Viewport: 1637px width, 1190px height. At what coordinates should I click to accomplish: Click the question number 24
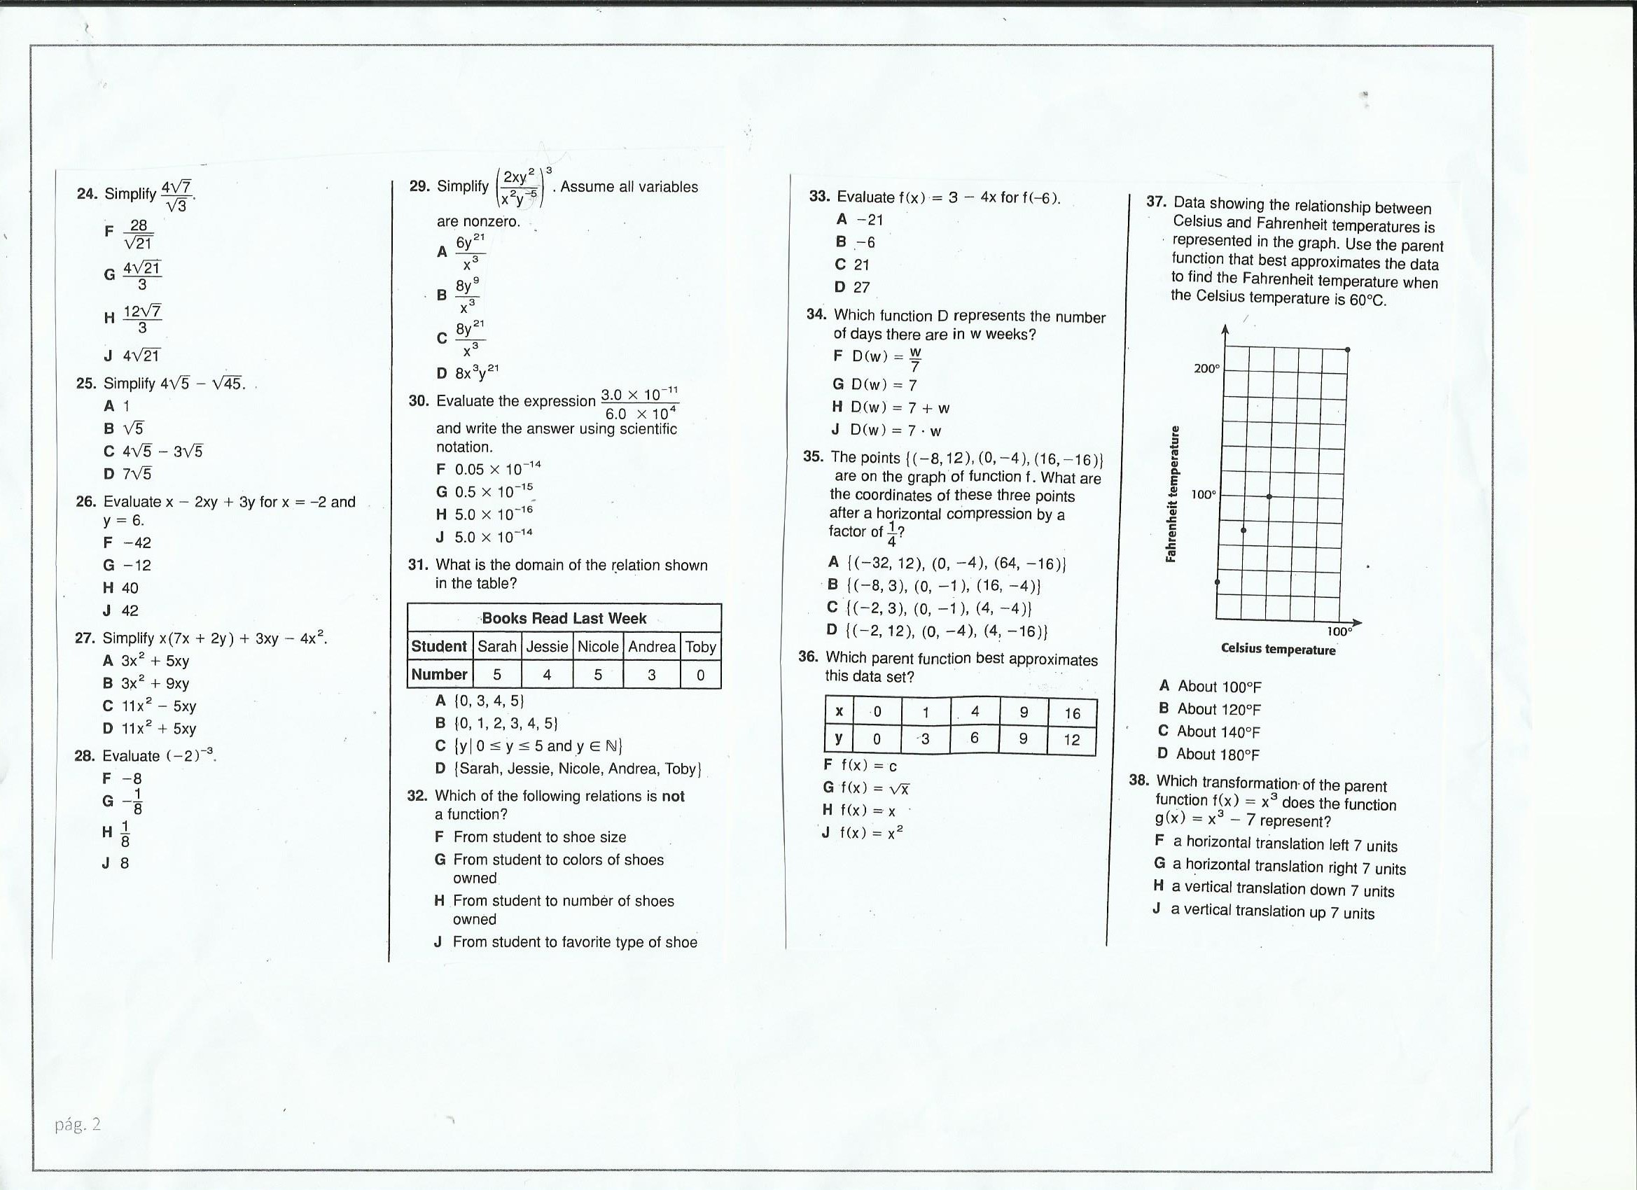87,194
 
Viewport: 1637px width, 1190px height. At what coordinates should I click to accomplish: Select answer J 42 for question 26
120,610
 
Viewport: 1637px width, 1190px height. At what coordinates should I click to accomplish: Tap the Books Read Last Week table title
564,619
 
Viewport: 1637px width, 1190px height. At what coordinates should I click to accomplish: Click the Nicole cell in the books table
598,647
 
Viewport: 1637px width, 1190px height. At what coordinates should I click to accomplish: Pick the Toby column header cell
700,647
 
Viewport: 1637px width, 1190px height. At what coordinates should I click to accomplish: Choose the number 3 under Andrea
651,675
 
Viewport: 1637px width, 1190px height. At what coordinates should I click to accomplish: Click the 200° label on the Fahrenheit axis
1206,369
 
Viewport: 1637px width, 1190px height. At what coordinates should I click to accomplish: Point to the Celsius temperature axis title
1278,650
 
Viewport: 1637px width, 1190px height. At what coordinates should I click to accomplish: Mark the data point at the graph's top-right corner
1348,350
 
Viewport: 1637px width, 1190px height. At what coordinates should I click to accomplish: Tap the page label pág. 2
78,1124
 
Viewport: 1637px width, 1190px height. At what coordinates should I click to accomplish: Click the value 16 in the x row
1072,714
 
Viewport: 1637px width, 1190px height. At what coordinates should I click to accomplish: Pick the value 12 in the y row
1072,740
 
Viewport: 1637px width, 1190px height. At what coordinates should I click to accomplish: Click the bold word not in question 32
673,796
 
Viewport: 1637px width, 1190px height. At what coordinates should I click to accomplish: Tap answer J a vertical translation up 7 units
1263,911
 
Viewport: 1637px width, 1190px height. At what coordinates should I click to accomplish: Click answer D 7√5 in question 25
127,474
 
